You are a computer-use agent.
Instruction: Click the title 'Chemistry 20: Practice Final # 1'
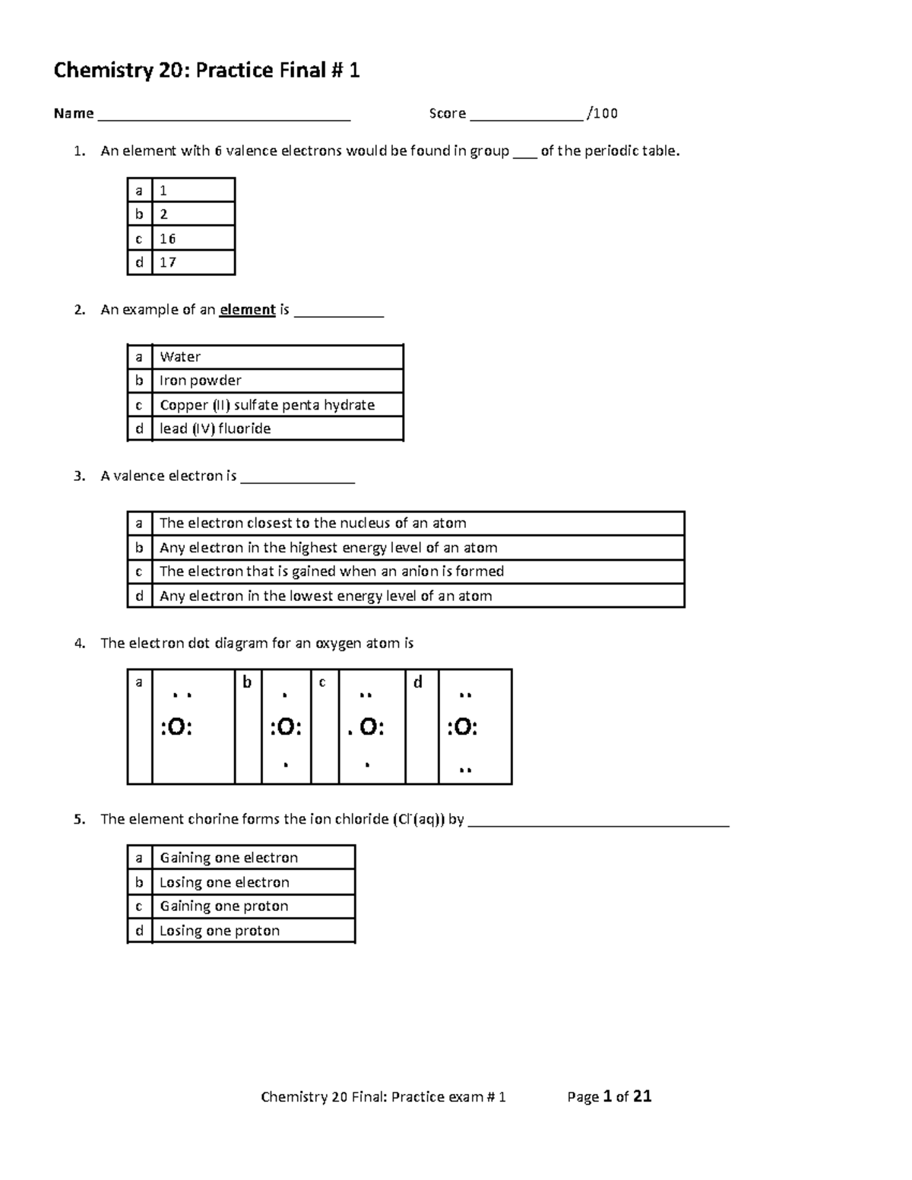tap(206, 71)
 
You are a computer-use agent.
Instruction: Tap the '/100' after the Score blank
tap(603, 114)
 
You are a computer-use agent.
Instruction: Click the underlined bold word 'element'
tap(247, 310)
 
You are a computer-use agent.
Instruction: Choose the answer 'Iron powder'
tap(201, 381)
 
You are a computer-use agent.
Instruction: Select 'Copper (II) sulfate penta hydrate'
tap(267, 405)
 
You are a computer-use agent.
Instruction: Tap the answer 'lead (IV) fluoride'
tap(215, 429)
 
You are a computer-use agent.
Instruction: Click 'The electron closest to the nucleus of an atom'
tap(312, 523)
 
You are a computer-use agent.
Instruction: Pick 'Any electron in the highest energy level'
tap(328, 548)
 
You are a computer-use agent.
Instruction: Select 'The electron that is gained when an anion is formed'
tap(331, 571)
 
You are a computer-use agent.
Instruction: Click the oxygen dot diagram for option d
tap(463, 728)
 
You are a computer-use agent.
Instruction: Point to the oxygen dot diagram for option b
tap(286, 728)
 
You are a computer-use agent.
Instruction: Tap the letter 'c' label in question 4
tap(322, 682)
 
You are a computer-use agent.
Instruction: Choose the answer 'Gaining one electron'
tap(229, 858)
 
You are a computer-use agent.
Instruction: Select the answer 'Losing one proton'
tap(220, 931)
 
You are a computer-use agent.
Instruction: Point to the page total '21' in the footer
tap(642, 1096)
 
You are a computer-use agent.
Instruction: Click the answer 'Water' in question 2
tap(180, 357)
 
